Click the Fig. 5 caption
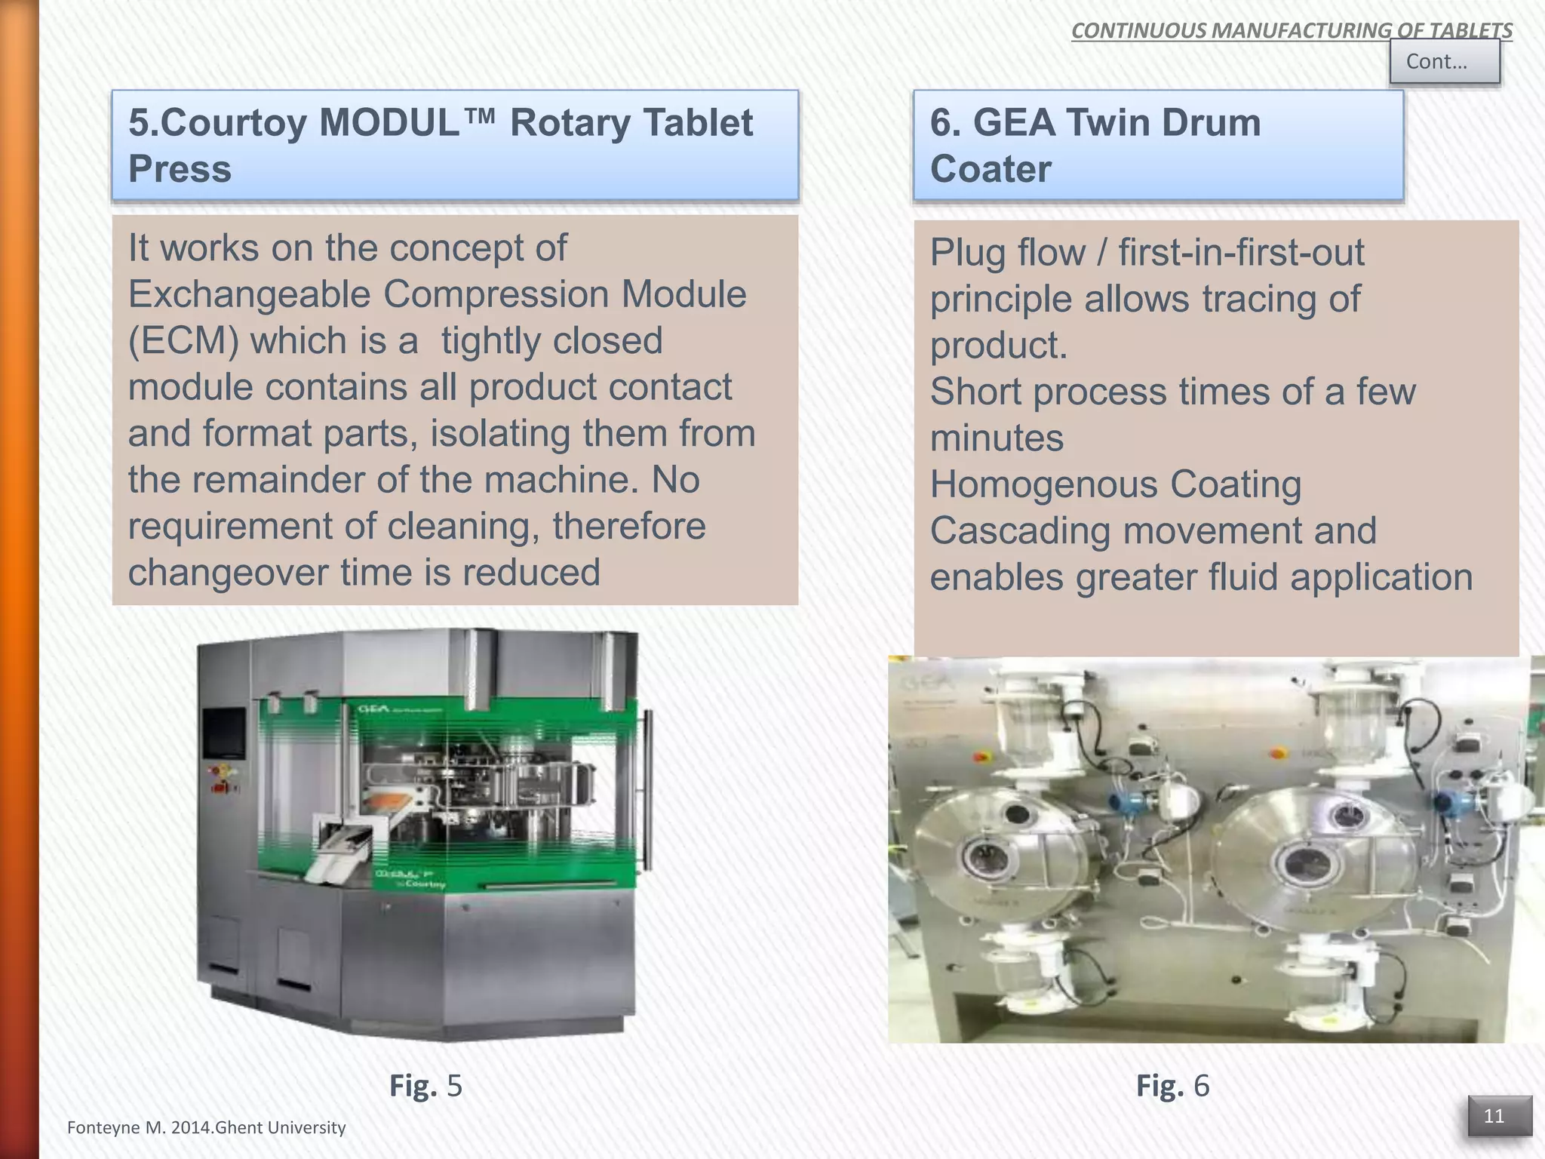425,1085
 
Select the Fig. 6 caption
1172,1085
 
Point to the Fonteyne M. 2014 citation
206,1127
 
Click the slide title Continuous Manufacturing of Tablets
1291,30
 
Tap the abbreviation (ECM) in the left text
183,341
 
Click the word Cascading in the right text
1021,530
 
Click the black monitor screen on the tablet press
224,733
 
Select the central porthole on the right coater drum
1303,862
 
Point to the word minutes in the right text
997,438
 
